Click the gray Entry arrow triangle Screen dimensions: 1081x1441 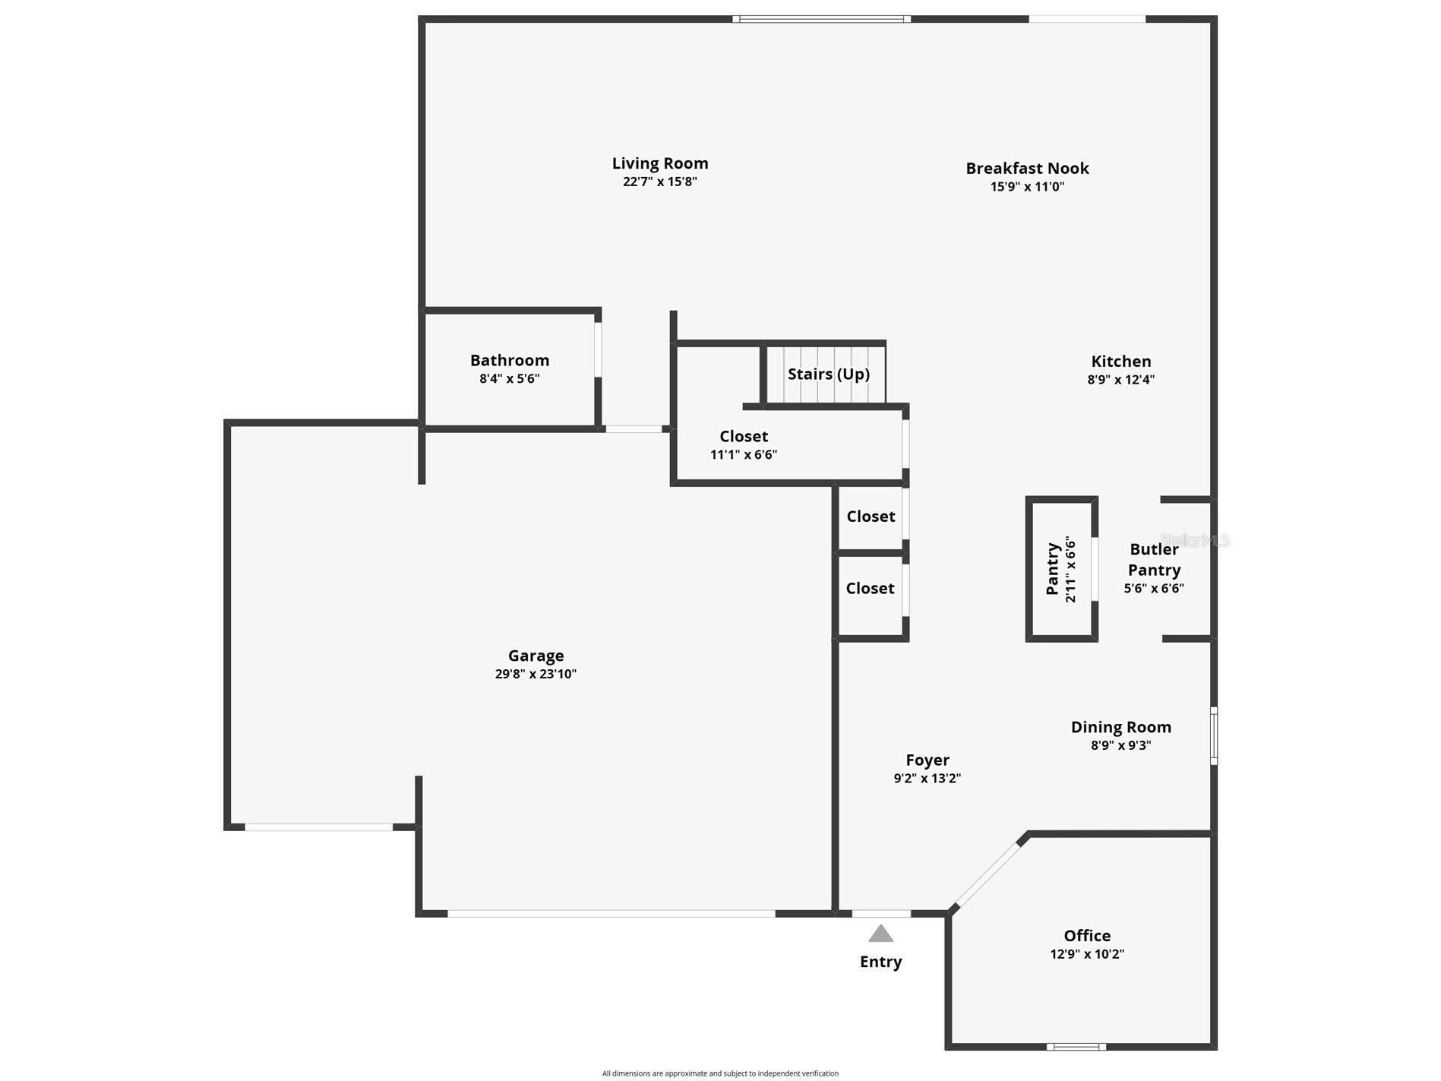click(880, 934)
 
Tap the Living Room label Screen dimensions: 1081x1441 click(660, 163)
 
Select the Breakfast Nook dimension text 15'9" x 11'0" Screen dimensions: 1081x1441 click(1027, 187)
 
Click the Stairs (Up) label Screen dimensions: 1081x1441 click(828, 374)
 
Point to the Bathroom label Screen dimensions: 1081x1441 click(509, 360)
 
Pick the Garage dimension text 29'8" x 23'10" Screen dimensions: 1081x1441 click(536, 674)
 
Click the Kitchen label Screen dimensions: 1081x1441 click(1120, 361)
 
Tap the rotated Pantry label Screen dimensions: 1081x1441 click(1053, 569)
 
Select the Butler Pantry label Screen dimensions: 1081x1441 click(1154, 559)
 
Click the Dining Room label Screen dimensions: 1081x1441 click(1120, 727)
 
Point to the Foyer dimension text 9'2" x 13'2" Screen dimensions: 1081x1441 click(927, 778)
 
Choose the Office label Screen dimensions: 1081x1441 click(1087, 936)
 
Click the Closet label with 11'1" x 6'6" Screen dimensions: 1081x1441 click(744, 436)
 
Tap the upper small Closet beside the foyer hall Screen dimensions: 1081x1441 click(871, 517)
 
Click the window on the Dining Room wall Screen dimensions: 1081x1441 click(1213, 735)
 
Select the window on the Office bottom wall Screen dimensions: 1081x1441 click(1076, 1047)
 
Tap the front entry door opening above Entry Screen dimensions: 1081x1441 click(881, 913)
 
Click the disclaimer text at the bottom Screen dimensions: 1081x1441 click(720, 1073)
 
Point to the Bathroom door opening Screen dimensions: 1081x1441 click(598, 349)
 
